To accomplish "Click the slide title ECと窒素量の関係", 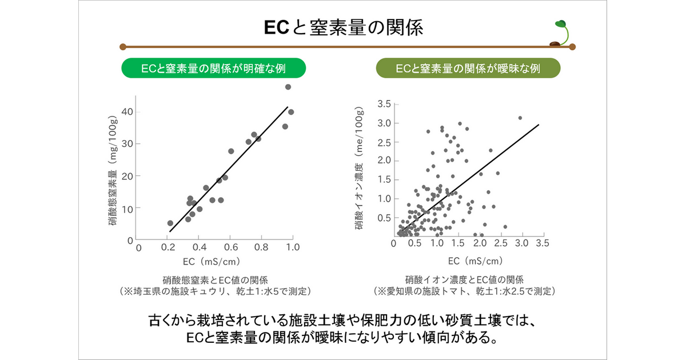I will point(343,28).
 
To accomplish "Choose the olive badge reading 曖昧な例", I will point(468,69).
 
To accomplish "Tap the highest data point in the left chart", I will point(288,87).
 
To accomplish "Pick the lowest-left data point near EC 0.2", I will point(170,223).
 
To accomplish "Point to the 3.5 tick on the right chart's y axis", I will point(384,104).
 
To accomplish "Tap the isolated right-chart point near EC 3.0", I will point(520,118).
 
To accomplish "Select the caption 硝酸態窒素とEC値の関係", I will point(215,280).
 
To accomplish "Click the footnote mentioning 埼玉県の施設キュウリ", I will point(215,291).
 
